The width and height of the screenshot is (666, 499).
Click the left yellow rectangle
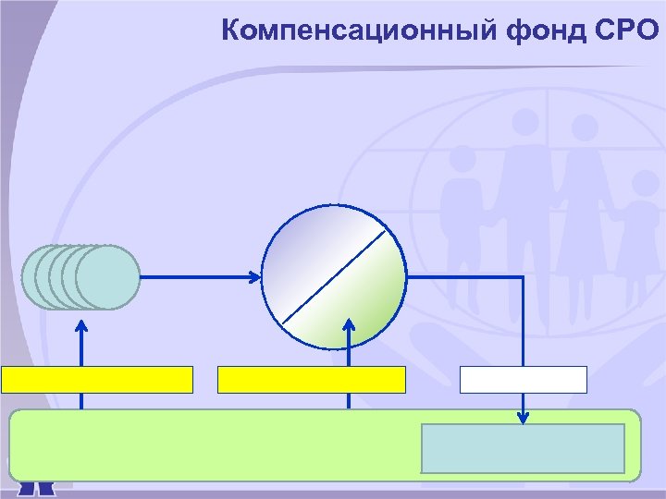pos(97,380)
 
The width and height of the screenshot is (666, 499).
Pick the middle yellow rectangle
pos(312,380)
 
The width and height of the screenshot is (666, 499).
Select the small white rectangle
pos(524,380)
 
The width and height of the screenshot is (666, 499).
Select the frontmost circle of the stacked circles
pos(107,276)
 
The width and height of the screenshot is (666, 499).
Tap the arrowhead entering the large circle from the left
pos(256,275)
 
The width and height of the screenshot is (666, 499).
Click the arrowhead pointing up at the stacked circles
pos(81,324)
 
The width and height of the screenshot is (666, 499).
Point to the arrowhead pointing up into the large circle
pos(349,324)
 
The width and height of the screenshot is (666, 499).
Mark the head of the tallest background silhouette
pos(525,121)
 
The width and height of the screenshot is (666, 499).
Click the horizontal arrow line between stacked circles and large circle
pos(194,275)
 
